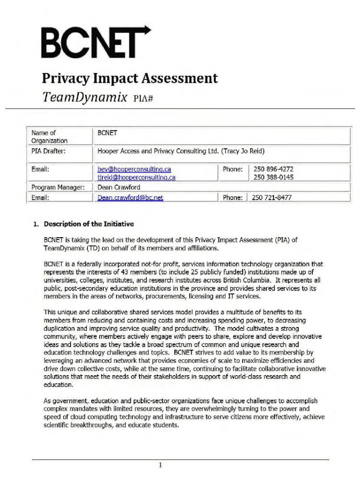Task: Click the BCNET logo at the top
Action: pyautogui.click(x=96, y=42)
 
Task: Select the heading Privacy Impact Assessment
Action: pyautogui.click(x=130, y=78)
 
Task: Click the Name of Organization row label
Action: pyautogui.click(x=49, y=137)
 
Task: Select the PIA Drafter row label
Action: pyautogui.click(x=48, y=151)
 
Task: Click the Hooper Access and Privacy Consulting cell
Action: pyautogui.click(x=180, y=151)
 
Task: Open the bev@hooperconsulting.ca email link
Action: pyautogui.click(x=134, y=169)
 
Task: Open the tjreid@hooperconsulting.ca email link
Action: pyautogui.click(x=137, y=177)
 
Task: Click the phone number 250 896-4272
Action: pyautogui.click(x=274, y=169)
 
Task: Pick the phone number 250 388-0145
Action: pyautogui.click(x=274, y=177)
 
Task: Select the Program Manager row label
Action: pyautogui.click(x=58, y=187)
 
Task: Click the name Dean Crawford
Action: pyautogui.click(x=118, y=187)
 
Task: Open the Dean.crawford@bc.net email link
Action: pyautogui.click(x=130, y=197)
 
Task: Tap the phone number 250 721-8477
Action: pyautogui.click(x=272, y=197)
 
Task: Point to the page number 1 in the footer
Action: pyautogui.click(x=160, y=465)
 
